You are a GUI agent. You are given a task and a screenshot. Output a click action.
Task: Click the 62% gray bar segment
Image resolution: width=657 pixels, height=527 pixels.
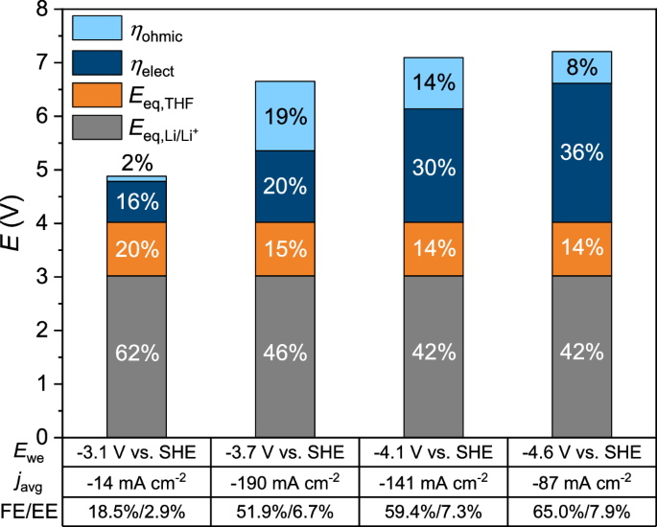coord(137,353)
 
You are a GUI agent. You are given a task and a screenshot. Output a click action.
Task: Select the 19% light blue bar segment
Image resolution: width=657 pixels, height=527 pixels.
coord(285,117)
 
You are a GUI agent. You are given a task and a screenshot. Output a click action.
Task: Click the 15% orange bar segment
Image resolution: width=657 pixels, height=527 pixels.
coord(285,250)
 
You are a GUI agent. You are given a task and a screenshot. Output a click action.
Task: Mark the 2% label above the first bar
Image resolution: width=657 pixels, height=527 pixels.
coord(137,164)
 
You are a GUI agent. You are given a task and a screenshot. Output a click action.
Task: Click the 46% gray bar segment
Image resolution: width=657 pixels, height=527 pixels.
coord(285,353)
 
